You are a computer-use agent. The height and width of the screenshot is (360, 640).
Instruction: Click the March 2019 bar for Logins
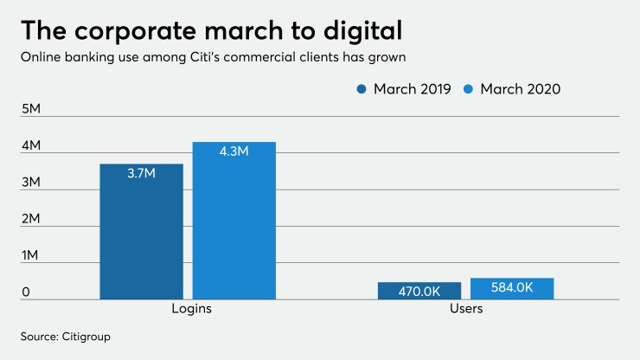point(141,231)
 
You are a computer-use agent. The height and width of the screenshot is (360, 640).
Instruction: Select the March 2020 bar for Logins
point(234,221)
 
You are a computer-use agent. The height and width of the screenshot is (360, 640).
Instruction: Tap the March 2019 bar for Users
point(419,291)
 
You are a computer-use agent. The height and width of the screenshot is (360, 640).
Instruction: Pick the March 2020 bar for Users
point(512,288)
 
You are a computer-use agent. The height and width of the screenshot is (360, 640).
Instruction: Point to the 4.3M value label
point(234,152)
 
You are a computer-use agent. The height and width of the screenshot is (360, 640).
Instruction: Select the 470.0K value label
point(419,291)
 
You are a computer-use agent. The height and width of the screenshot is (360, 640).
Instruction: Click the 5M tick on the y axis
point(31,110)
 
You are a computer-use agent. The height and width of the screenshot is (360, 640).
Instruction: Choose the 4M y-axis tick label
point(31,146)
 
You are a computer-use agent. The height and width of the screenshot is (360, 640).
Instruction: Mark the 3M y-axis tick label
point(31,183)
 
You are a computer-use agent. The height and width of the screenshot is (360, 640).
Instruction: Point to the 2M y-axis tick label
point(31,220)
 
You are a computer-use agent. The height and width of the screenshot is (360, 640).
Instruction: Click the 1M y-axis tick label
point(30,256)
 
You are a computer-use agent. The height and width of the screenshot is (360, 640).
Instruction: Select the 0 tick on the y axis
point(26,292)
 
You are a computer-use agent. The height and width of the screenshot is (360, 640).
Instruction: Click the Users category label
point(466,308)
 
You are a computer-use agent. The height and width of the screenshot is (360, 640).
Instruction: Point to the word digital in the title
point(355,31)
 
